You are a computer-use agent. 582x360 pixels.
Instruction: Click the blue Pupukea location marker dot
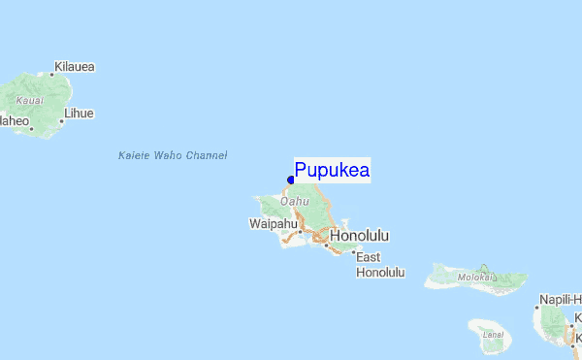[x=291, y=180]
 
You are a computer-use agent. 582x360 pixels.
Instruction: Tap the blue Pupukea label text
[x=332, y=171]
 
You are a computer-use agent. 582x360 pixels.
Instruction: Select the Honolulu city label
[x=359, y=236]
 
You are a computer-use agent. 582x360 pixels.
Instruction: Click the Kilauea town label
[x=75, y=67]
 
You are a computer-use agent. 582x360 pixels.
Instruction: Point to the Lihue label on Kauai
[x=78, y=114]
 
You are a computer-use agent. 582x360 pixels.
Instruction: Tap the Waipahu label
[x=273, y=224]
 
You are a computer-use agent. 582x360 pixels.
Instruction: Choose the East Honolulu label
[x=379, y=265]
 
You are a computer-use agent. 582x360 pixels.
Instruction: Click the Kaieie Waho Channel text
[x=172, y=155]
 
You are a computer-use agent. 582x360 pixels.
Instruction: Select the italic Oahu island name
[x=295, y=202]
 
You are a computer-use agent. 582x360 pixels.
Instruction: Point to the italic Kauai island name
[x=30, y=100]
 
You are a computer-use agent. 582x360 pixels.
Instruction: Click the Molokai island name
[x=476, y=278]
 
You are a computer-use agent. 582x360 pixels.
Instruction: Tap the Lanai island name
[x=494, y=335]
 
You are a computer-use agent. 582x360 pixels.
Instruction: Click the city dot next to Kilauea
[x=51, y=74]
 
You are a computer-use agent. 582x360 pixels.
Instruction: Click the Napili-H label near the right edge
[x=561, y=299]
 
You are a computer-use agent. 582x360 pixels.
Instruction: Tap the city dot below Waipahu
[x=300, y=232]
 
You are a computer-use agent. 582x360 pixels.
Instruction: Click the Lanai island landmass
[x=497, y=333]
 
